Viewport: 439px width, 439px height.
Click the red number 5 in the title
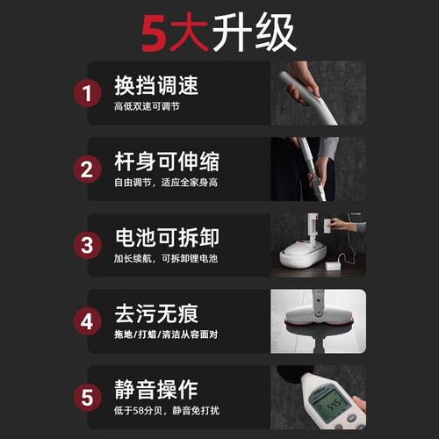(155, 33)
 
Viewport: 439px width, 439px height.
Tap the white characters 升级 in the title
(254, 32)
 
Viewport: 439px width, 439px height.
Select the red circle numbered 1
(87, 93)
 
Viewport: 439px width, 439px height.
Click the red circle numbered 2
(87, 169)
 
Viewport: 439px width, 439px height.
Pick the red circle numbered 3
(87, 245)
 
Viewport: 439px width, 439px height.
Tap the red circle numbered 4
(87, 321)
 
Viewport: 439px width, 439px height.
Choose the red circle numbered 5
(87, 398)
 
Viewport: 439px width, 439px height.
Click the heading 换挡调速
(156, 85)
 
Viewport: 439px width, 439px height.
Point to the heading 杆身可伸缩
(167, 162)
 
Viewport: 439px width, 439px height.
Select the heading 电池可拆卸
(167, 237)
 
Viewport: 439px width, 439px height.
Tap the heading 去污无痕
(156, 313)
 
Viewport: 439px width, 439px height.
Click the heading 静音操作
(156, 390)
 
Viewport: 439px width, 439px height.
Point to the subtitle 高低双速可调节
(147, 106)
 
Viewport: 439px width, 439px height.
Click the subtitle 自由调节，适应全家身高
(166, 183)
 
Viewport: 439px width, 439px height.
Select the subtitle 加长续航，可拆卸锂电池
(166, 259)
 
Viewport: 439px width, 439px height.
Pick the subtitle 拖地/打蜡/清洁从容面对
(166, 335)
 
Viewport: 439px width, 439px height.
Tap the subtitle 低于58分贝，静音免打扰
(167, 411)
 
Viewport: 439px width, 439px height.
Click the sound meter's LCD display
(331, 402)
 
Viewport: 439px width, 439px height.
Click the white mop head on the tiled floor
(319, 317)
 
